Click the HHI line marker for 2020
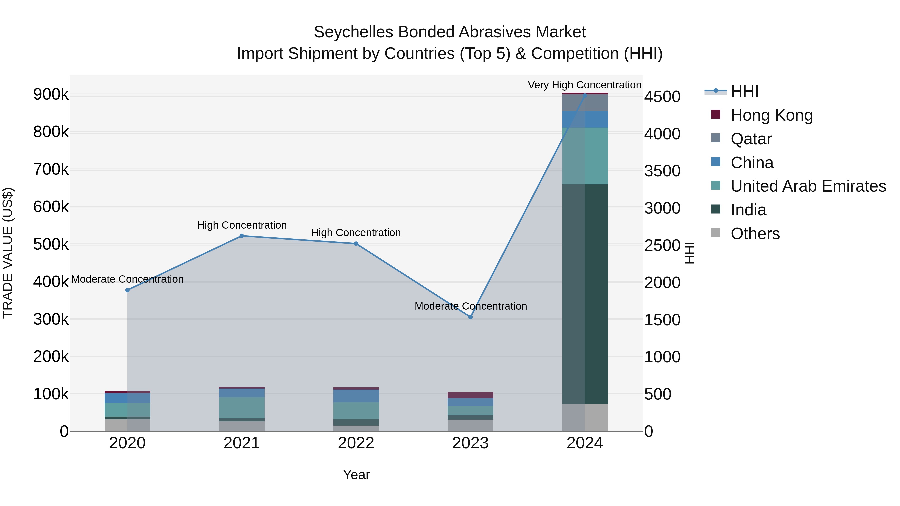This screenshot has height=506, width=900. pos(127,290)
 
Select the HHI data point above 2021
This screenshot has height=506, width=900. pos(242,236)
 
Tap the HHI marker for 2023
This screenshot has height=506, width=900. pos(470,317)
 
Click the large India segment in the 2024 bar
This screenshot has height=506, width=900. pos(585,294)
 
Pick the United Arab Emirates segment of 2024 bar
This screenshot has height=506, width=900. pos(585,156)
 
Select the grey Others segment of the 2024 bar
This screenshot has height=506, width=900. pos(585,417)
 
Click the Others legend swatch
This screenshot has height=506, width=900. pos(716,233)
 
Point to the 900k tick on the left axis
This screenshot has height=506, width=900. pos(51,95)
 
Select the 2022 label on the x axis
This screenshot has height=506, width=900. pos(356,443)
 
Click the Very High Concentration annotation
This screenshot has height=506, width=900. pos(584,85)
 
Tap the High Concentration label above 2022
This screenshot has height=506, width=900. pos(356,233)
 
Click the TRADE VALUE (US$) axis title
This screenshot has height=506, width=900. pos(8,253)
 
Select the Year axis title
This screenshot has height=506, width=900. pos(356,475)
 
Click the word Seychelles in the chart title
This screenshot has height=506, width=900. pos(353,32)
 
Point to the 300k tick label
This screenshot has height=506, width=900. pos(51,319)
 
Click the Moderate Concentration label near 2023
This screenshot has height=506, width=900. pos(470,306)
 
